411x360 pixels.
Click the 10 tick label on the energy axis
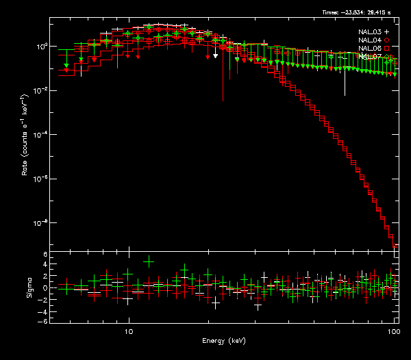coord(128,331)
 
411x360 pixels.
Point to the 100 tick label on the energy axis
coord(393,331)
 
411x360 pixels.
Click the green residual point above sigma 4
coord(149,261)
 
